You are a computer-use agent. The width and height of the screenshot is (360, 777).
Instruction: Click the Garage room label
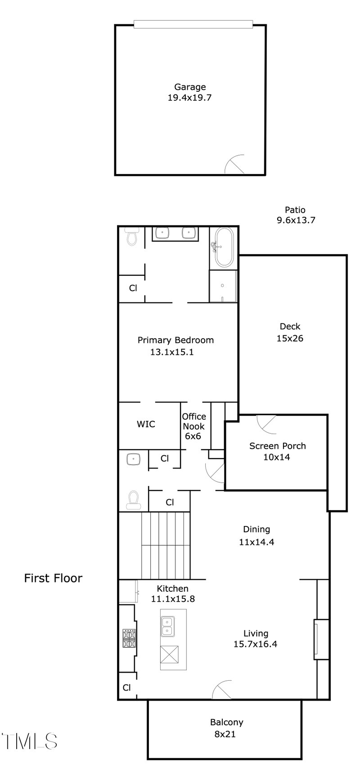[x=189, y=92]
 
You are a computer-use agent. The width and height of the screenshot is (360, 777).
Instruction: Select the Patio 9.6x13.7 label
[x=295, y=215]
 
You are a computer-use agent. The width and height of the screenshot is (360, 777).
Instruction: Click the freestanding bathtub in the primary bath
[x=224, y=247]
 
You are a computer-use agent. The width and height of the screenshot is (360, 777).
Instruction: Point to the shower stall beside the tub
[x=223, y=286]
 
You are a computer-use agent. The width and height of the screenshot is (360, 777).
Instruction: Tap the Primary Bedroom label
[x=175, y=346]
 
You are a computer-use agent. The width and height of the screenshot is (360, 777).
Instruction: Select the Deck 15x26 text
[x=290, y=332]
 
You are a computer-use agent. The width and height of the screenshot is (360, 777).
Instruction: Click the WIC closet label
[x=146, y=424]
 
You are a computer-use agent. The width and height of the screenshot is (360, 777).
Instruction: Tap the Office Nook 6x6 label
[x=193, y=426]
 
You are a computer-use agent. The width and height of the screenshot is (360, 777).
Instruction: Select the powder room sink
[x=134, y=459]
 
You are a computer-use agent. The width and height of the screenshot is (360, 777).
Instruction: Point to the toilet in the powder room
[x=133, y=500]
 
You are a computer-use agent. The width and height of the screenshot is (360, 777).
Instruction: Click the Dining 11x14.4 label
[x=256, y=535]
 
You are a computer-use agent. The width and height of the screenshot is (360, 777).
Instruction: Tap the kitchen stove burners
[x=129, y=638]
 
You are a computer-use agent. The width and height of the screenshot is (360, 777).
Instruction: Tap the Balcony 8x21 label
[x=226, y=728]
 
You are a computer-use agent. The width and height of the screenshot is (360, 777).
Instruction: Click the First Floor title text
[x=53, y=578]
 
